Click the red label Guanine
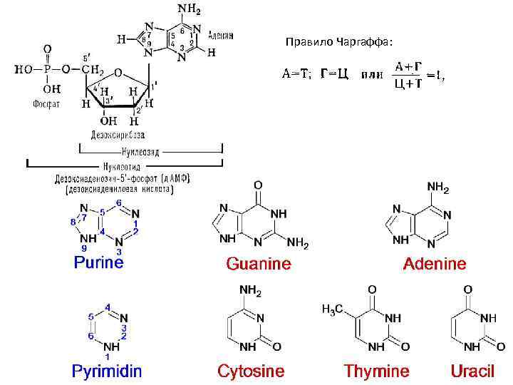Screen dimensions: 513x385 coord(259,264)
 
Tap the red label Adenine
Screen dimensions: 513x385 coord(435,264)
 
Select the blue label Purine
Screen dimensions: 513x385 coord(99,262)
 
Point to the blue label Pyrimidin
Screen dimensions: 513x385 coord(107,371)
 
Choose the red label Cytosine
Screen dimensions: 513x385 coord(251,371)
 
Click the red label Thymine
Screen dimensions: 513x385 coord(377,371)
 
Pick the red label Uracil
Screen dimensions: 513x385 coord(472,371)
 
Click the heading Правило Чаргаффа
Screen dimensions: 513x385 coord(338,42)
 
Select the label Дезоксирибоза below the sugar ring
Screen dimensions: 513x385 coord(118,135)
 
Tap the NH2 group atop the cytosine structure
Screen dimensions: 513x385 coord(251,290)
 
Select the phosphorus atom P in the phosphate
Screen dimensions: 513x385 coord(47,69)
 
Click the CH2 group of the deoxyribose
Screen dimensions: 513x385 coord(93,70)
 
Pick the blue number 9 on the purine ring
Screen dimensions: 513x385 coord(85,247)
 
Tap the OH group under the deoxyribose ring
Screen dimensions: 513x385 coord(109,121)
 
